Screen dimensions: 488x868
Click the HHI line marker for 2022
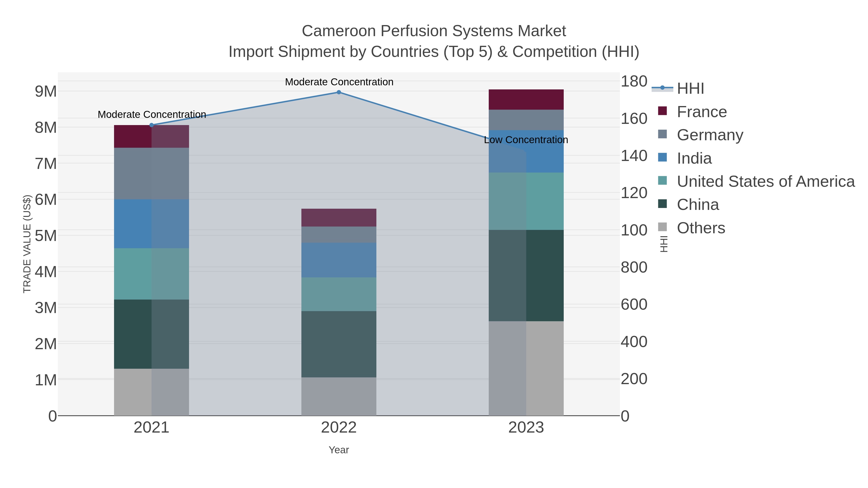[x=339, y=92]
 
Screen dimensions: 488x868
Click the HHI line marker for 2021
[x=151, y=125]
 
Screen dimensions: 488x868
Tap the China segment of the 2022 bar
[x=339, y=344]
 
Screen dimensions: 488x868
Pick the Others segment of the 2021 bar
[x=151, y=392]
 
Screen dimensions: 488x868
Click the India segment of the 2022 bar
[x=339, y=260]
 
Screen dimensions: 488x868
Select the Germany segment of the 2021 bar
[x=151, y=174]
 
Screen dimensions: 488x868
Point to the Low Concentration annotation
[x=526, y=140]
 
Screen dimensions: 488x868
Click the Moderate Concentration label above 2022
[x=339, y=82]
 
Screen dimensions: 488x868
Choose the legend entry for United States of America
[x=766, y=181]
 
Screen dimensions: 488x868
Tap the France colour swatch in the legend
[x=662, y=111]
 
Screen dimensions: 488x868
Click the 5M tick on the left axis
[x=46, y=236]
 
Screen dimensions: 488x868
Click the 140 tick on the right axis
[x=634, y=156]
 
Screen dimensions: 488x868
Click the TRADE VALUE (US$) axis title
[x=27, y=244]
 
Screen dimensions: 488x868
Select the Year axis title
[x=339, y=450]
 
